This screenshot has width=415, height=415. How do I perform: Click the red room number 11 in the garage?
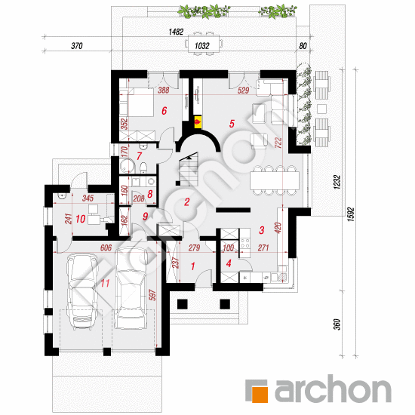(x=105, y=283)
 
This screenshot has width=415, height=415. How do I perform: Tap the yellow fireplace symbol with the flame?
(x=198, y=121)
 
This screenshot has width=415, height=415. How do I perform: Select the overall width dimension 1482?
(x=176, y=32)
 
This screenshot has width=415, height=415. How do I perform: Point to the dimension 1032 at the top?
(x=202, y=46)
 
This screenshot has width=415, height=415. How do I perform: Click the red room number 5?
(x=232, y=124)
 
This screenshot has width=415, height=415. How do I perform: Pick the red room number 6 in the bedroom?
(x=164, y=111)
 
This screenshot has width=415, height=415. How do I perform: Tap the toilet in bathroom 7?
(x=143, y=168)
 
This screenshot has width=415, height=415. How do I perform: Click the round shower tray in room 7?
(x=128, y=166)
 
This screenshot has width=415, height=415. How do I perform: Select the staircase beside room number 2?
(x=189, y=169)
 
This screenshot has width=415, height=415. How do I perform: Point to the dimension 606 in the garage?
(x=106, y=247)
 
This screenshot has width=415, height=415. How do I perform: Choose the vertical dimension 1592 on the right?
(x=351, y=214)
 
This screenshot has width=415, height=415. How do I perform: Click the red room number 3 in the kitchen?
(x=262, y=230)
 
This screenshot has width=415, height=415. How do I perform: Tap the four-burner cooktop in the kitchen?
(x=245, y=244)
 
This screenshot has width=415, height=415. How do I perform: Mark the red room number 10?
(x=81, y=219)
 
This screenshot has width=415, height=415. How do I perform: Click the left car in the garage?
(x=81, y=291)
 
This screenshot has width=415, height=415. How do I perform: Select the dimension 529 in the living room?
(x=243, y=91)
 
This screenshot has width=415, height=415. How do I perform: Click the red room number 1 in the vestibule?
(x=192, y=266)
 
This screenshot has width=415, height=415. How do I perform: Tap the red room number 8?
(x=150, y=194)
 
